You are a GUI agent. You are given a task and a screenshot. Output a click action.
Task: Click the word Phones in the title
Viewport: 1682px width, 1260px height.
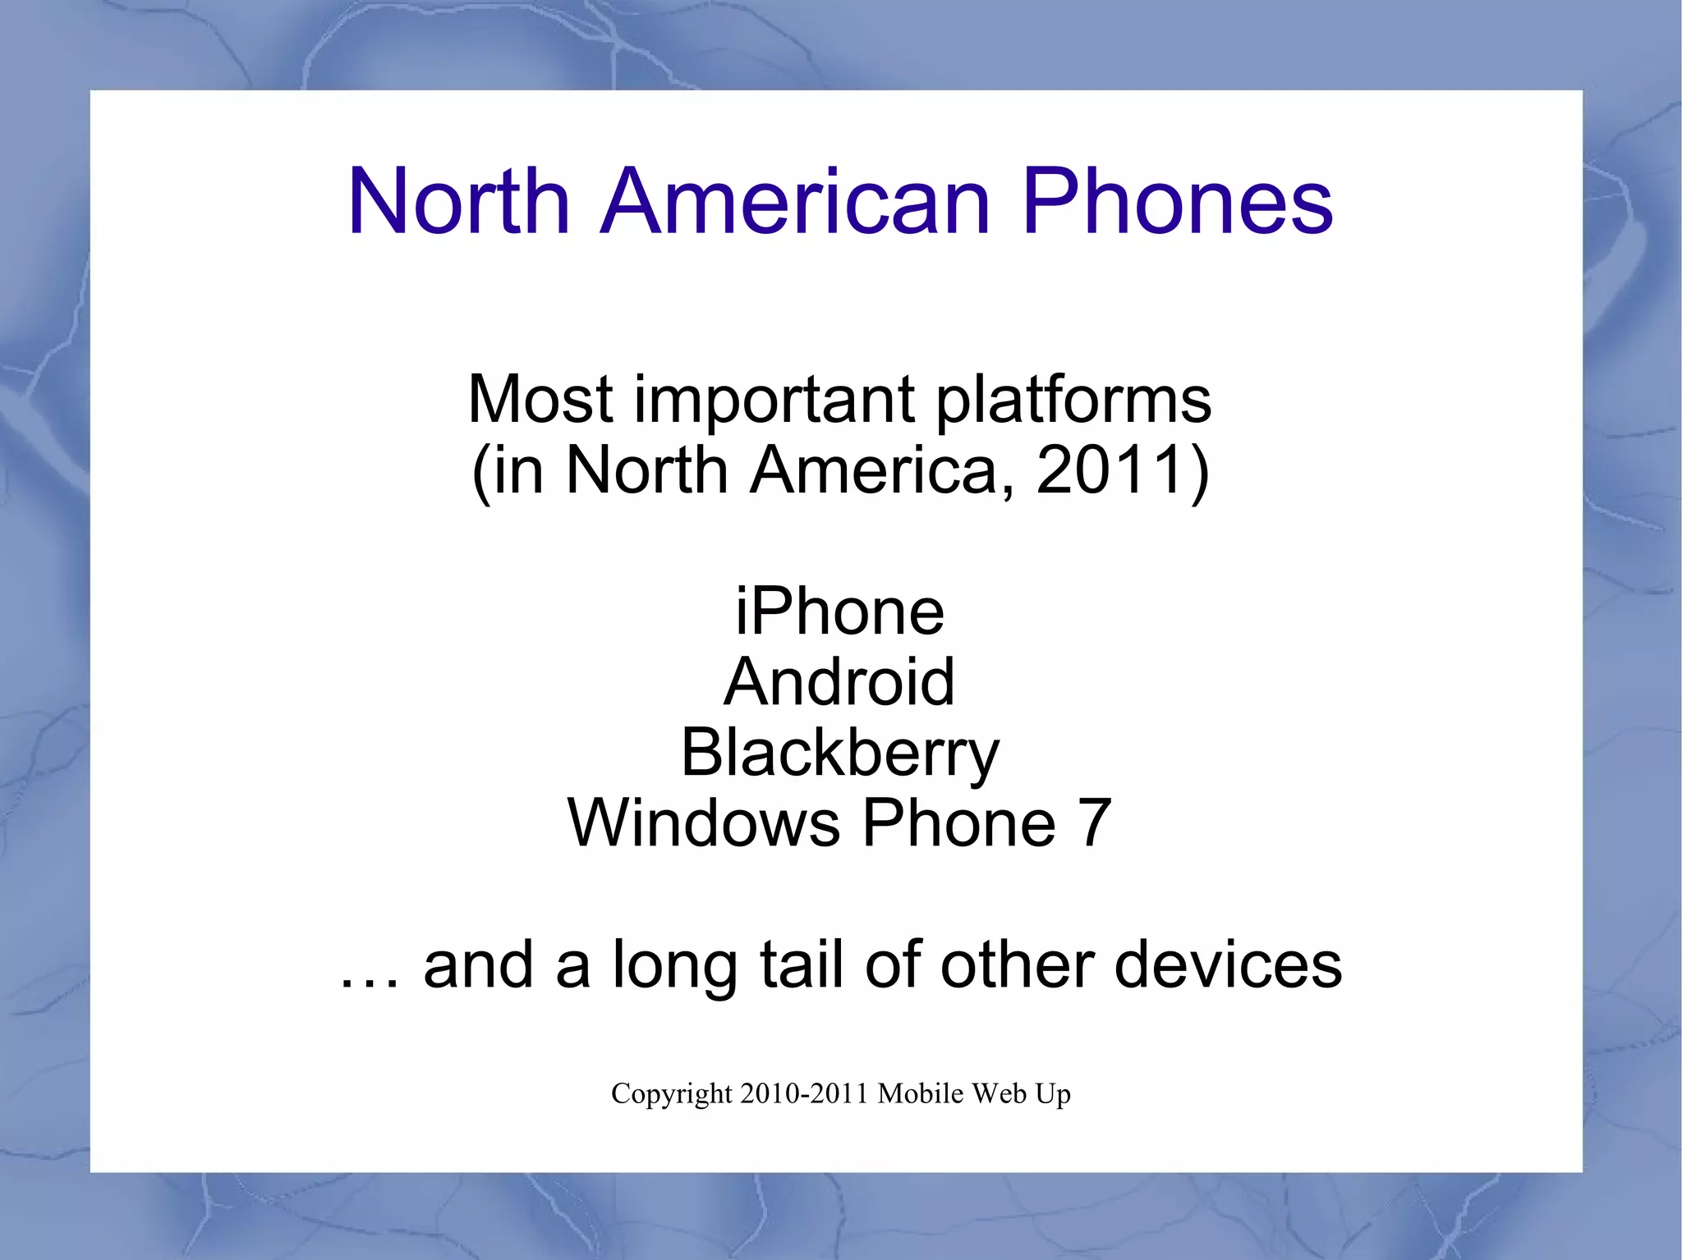1177,202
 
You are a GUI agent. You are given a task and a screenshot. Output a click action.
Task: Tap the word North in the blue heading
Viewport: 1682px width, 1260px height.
458,202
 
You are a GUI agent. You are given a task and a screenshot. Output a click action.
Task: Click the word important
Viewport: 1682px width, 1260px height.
774,400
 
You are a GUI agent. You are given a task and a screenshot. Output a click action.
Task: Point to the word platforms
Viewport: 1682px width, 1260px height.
1073,400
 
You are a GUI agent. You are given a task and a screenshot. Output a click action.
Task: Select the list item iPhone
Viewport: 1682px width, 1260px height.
839,612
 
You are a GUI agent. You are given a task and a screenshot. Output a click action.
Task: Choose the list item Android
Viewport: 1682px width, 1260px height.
839,682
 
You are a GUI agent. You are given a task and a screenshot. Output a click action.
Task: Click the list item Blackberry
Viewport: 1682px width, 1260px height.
839,753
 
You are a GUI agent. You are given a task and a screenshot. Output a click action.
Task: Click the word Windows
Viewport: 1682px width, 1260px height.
703,823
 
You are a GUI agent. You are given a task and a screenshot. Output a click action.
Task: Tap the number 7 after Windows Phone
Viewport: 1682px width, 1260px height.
1096,823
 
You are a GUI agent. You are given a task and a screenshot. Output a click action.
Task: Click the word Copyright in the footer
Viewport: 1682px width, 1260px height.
671,1094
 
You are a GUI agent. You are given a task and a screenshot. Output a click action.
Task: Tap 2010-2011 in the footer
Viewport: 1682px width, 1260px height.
804,1094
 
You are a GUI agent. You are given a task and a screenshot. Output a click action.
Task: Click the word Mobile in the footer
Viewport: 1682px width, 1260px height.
921,1094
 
